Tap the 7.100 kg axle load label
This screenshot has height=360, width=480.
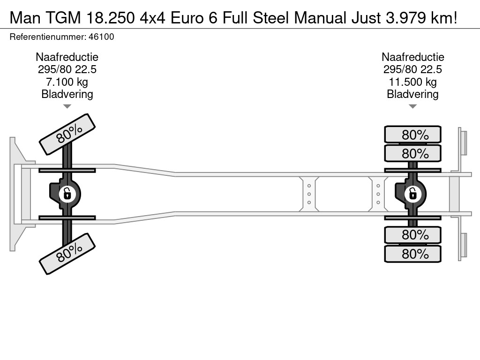coord(67,82)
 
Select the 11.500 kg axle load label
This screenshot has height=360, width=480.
coord(412,82)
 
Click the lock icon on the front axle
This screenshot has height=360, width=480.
coord(67,193)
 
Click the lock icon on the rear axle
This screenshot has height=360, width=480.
coord(412,193)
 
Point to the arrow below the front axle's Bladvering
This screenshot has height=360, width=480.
coord(67,106)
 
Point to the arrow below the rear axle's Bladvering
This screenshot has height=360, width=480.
coord(412,106)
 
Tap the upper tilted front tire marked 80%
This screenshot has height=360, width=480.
coord(67,135)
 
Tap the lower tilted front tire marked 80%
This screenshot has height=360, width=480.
coord(67,253)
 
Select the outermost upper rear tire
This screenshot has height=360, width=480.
coord(412,135)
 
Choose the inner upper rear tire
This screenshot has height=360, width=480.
coord(412,153)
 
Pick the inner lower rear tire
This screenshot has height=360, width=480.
coord(412,234)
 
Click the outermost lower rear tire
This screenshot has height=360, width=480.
coord(412,254)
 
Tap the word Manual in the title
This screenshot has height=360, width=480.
coord(319,18)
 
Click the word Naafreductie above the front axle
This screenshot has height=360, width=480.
coord(67,57)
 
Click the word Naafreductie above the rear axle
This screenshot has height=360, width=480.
coord(412,57)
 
